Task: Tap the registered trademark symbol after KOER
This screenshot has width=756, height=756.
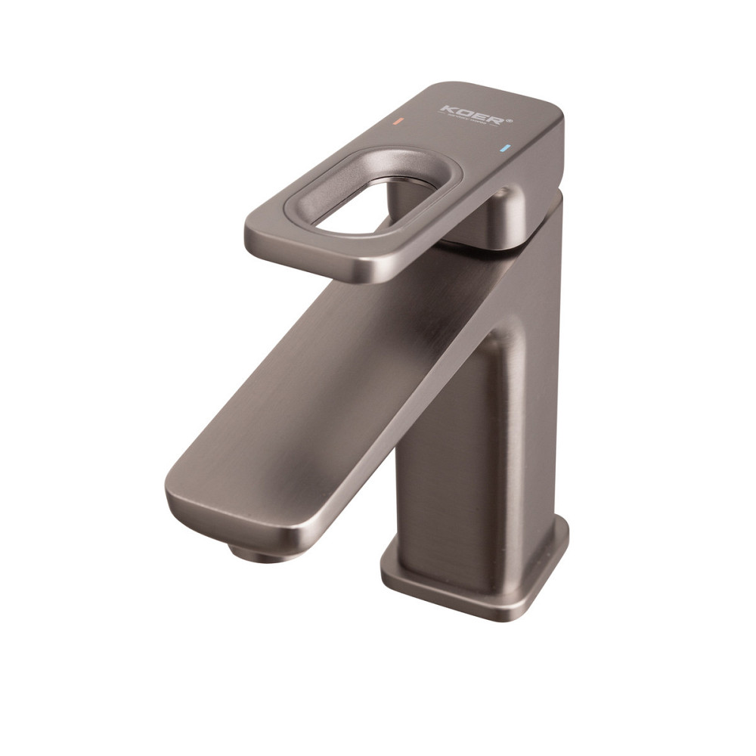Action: tap(510, 119)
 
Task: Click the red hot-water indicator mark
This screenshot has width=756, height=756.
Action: tap(399, 122)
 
